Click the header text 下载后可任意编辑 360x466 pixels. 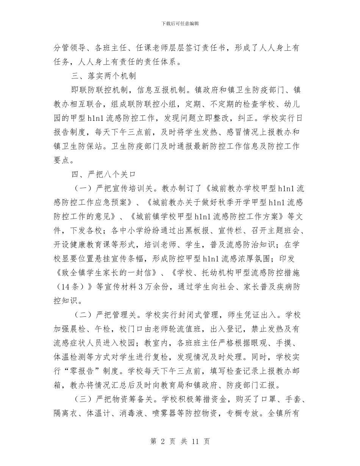pyautogui.click(x=180, y=23)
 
